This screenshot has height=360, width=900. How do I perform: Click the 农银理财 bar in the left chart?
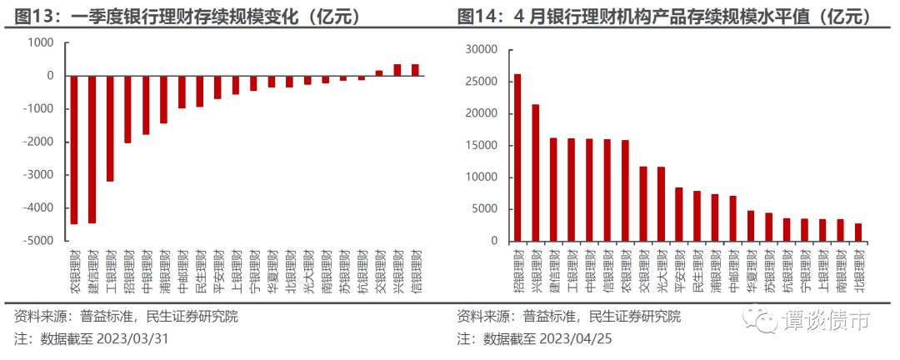coord(74,150)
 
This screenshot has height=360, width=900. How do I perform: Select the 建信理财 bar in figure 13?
coord(92,149)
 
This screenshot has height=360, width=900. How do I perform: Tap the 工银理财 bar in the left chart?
coord(110,128)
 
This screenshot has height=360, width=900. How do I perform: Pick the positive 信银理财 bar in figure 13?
coord(415,70)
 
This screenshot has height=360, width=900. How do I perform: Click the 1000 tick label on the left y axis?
coord(42,42)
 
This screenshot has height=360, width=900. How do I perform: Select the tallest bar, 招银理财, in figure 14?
coord(517,157)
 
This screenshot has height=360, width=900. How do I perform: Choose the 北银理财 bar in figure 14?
coord(858,232)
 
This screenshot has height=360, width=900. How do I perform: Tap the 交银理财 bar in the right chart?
coord(643,204)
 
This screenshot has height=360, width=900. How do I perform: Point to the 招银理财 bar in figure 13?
coord(127,109)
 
